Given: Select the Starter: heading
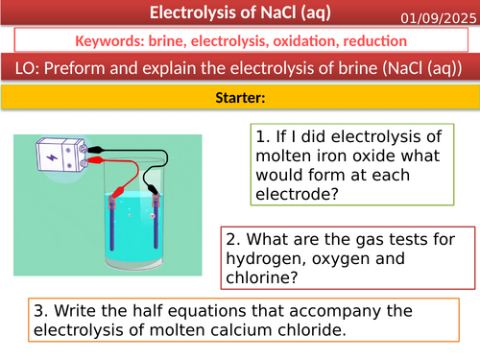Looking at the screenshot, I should click(239, 99).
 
